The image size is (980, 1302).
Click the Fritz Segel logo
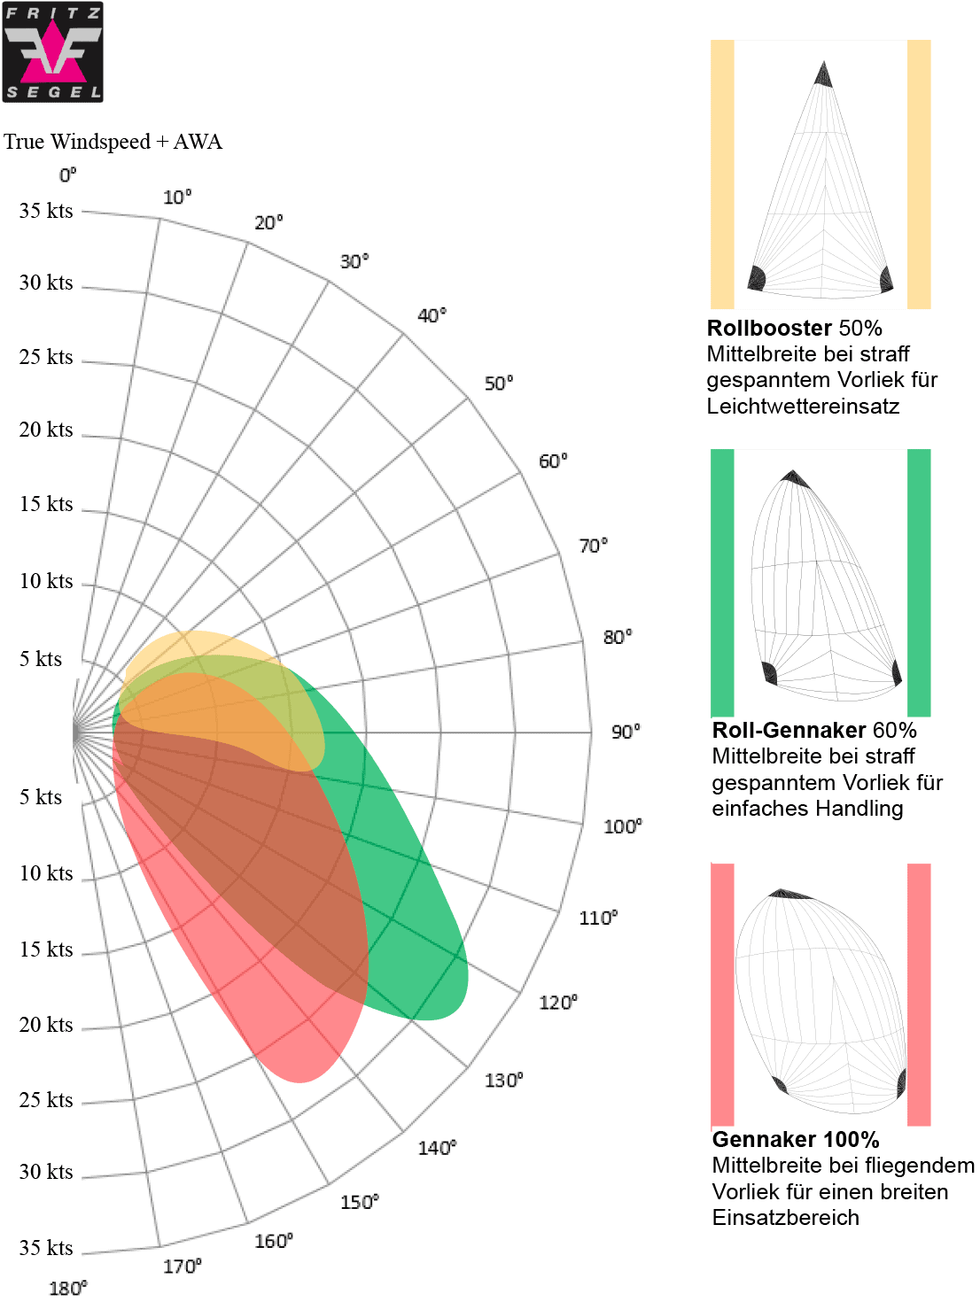[53, 51]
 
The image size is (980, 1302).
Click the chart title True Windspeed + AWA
[113, 142]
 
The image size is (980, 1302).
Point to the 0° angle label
[68, 175]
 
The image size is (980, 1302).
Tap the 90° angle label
[626, 732]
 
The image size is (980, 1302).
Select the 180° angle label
[68, 1287]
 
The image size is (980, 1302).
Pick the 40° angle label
[432, 315]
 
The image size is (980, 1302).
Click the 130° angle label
[503, 1080]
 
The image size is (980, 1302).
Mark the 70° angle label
[593, 546]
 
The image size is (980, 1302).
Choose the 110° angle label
[598, 918]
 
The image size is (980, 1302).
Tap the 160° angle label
[274, 1241]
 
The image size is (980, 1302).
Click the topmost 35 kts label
[46, 211]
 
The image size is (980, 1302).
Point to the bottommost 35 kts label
[46, 1248]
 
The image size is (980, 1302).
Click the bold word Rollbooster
[769, 328]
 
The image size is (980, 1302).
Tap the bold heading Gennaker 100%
[796, 1139]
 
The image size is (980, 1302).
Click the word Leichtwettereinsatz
[803, 406]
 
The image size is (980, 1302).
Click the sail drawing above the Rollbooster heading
[821, 177]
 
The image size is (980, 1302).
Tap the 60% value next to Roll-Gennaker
[894, 730]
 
